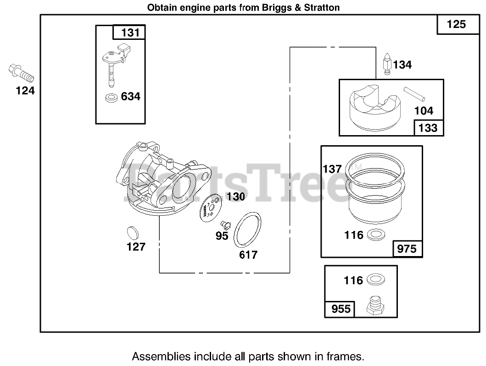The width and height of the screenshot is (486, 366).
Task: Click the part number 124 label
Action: [25, 91]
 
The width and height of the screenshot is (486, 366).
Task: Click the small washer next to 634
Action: [110, 97]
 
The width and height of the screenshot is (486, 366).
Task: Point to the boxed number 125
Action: [456, 24]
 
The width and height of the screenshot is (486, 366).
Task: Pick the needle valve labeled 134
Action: [386, 65]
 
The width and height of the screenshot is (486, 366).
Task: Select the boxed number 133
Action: [429, 128]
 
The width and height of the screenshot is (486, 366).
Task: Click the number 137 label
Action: [332, 169]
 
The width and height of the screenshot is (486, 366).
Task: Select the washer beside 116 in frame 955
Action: [376, 280]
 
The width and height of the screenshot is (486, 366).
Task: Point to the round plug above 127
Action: [133, 232]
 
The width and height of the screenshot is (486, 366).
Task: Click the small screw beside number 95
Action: [225, 224]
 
